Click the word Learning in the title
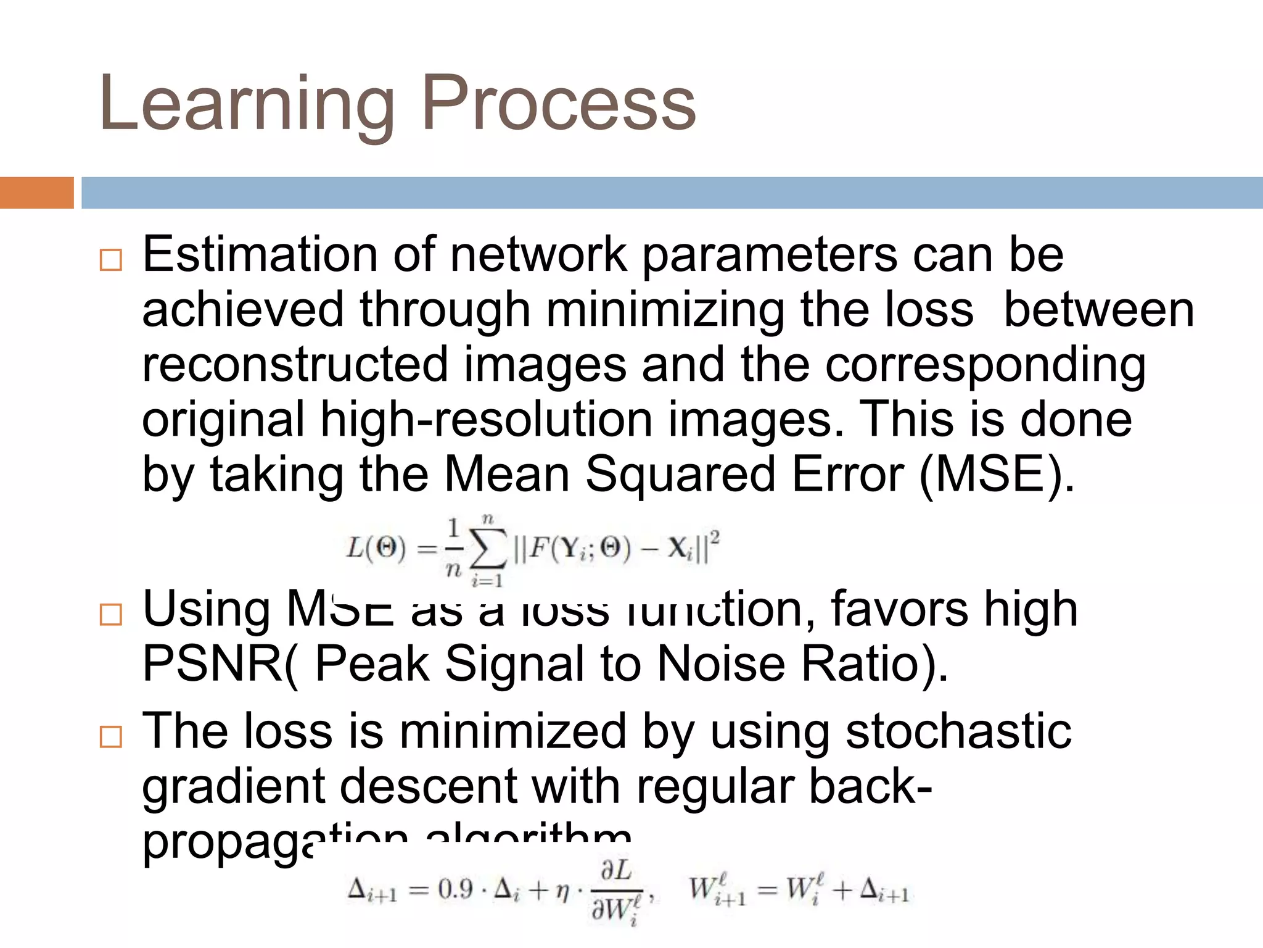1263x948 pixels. click(x=247, y=104)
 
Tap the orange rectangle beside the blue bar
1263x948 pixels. click(x=36, y=193)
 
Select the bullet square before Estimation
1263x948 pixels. click(x=111, y=260)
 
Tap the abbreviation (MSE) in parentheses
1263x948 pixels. click(x=996, y=474)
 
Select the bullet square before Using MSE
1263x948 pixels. click(x=111, y=614)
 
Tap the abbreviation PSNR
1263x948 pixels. click(x=213, y=664)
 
